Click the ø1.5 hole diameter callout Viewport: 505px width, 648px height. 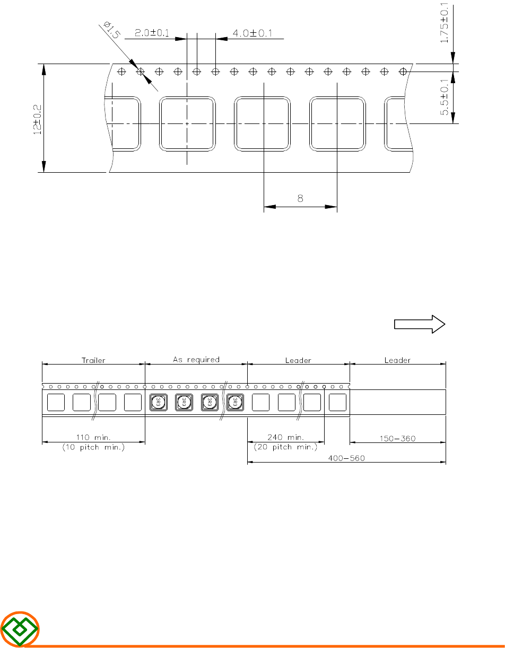(x=111, y=30)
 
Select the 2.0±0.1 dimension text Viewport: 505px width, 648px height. (x=152, y=33)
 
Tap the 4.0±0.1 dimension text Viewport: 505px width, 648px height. (x=252, y=33)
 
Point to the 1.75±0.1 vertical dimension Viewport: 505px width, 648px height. (x=445, y=23)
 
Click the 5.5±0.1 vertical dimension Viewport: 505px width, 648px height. (x=445, y=97)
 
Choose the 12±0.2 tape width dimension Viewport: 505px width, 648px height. (x=37, y=120)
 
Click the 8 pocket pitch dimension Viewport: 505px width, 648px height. (x=300, y=198)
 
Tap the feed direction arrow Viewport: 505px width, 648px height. (x=420, y=324)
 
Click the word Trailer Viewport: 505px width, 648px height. (x=93, y=360)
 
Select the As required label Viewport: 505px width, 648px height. (x=196, y=360)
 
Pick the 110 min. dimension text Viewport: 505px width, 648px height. (x=93, y=438)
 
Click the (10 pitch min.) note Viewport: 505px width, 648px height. (x=93, y=447)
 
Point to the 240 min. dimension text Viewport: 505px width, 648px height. (x=285, y=437)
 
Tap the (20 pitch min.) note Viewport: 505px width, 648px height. (x=285, y=447)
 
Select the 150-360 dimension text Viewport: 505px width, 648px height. (x=397, y=439)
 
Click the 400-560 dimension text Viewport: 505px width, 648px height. (x=346, y=458)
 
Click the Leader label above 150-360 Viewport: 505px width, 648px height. (x=397, y=360)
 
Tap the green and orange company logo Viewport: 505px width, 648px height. (x=20, y=628)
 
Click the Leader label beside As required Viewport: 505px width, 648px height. (x=298, y=360)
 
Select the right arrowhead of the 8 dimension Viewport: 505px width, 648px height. (x=331, y=207)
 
